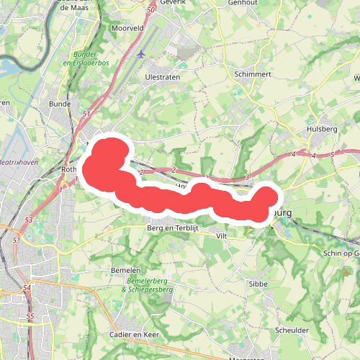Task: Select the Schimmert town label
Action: point(252,73)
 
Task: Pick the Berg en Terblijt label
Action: point(172,227)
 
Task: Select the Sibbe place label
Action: point(258,284)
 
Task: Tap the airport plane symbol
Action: point(140,54)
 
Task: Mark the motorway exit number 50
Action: point(150,10)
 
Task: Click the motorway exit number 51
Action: point(86,114)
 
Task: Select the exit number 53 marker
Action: point(29,220)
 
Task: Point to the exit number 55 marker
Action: point(30,316)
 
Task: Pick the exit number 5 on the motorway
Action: point(333,154)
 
